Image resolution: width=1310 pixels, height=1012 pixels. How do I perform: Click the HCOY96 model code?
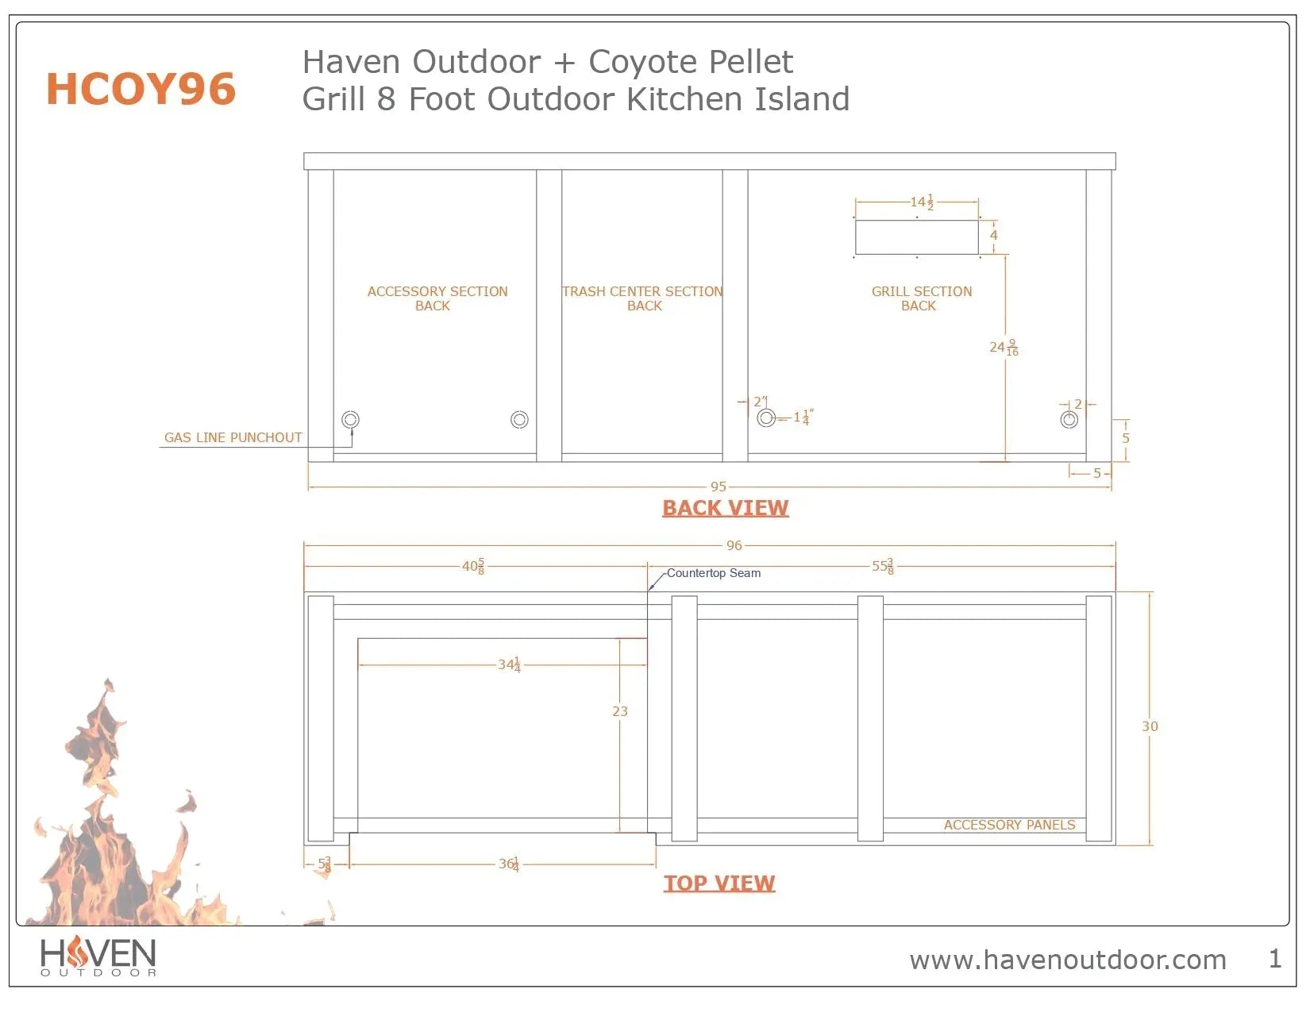pyautogui.click(x=141, y=89)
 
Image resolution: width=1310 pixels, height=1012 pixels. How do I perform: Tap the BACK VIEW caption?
pyautogui.click(x=725, y=508)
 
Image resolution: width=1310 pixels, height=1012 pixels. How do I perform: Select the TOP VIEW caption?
pyautogui.click(x=719, y=883)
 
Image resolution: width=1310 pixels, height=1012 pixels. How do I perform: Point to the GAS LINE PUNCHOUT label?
pyautogui.click(x=233, y=437)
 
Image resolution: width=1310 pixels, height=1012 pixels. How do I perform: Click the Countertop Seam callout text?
pyautogui.click(x=713, y=573)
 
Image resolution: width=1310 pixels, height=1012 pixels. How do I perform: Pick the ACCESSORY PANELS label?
pyautogui.click(x=1009, y=825)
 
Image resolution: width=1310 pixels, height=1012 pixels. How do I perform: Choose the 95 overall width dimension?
pyautogui.click(x=718, y=487)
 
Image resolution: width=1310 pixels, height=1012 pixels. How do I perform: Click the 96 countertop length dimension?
pyautogui.click(x=734, y=545)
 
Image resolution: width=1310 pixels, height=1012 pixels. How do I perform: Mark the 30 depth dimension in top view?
pyautogui.click(x=1150, y=726)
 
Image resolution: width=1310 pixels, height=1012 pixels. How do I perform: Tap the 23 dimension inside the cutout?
pyautogui.click(x=620, y=711)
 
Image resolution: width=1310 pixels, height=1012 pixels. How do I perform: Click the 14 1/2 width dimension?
pyautogui.click(x=921, y=202)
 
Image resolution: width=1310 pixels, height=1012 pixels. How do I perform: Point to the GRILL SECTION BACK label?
pyautogui.click(x=921, y=298)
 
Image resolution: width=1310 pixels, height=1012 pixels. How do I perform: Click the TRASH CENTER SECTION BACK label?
pyautogui.click(x=642, y=298)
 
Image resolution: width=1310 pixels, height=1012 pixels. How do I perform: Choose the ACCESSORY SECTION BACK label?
pyautogui.click(x=437, y=298)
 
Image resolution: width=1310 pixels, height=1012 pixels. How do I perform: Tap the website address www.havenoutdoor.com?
pyautogui.click(x=1067, y=960)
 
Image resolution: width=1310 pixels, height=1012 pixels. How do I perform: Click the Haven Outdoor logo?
pyautogui.click(x=98, y=956)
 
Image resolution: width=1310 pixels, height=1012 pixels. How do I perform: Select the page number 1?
pyautogui.click(x=1274, y=959)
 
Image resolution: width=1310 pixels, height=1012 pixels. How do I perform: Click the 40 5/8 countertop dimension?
pyautogui.click(x=473, y=566)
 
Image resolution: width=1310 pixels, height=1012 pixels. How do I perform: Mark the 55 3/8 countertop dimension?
pyautogui.click(x=882, y=566)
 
